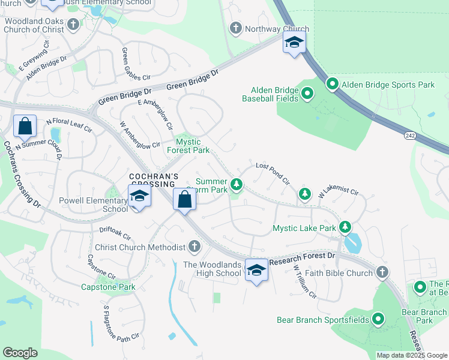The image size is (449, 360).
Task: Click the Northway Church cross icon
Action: point(235,28)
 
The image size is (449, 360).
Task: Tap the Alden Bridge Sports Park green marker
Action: point(332,84)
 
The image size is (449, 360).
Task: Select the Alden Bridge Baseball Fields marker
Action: point(308,93)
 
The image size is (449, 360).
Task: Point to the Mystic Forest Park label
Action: point(192,146)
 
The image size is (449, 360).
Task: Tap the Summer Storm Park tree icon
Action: point(238,184)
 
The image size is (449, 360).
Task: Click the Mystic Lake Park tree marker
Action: point(345,227)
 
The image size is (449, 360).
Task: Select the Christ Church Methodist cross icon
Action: point(194,246)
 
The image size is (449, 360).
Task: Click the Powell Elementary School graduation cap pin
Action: point(139,197)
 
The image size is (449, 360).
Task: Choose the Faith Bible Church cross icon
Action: point(382,273)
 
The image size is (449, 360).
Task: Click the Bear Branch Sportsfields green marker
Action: point(378,319)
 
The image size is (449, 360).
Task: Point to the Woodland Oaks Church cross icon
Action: point(73,25)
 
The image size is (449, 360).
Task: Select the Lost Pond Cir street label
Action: point(273,174)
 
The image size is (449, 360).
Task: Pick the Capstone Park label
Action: point(109,287)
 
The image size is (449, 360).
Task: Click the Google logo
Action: point(20,352)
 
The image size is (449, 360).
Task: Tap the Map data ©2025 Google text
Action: point(411,355)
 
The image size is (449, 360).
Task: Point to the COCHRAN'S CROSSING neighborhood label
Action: point(155,181)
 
